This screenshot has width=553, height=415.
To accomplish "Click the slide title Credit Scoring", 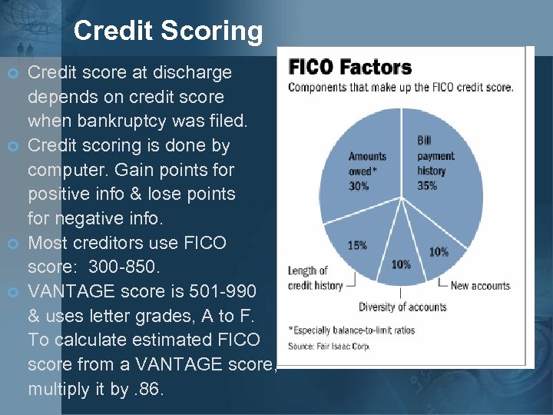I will (x=168, y=31).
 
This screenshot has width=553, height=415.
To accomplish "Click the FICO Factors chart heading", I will (x=350, y=68).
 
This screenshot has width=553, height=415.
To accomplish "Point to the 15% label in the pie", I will (x=357, y=245).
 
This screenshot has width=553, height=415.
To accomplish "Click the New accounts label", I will (x=480, y=286).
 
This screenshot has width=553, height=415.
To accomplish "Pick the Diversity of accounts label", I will (x=402, y=307).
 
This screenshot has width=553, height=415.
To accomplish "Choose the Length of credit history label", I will (x=316, y=278).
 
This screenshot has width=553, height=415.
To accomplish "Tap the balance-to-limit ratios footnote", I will (x=351, y=330).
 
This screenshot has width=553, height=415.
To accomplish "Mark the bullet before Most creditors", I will (x=12, y=244).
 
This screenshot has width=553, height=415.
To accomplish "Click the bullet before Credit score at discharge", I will (x=12, y=73).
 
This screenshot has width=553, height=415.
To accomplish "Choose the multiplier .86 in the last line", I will (x=145, y=389).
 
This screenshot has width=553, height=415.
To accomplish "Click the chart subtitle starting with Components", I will (x=401, y=88).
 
